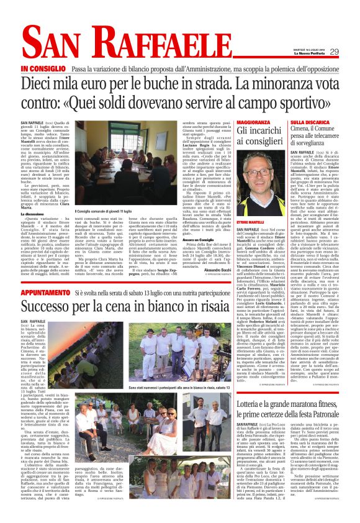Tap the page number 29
(x=334, y=52)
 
